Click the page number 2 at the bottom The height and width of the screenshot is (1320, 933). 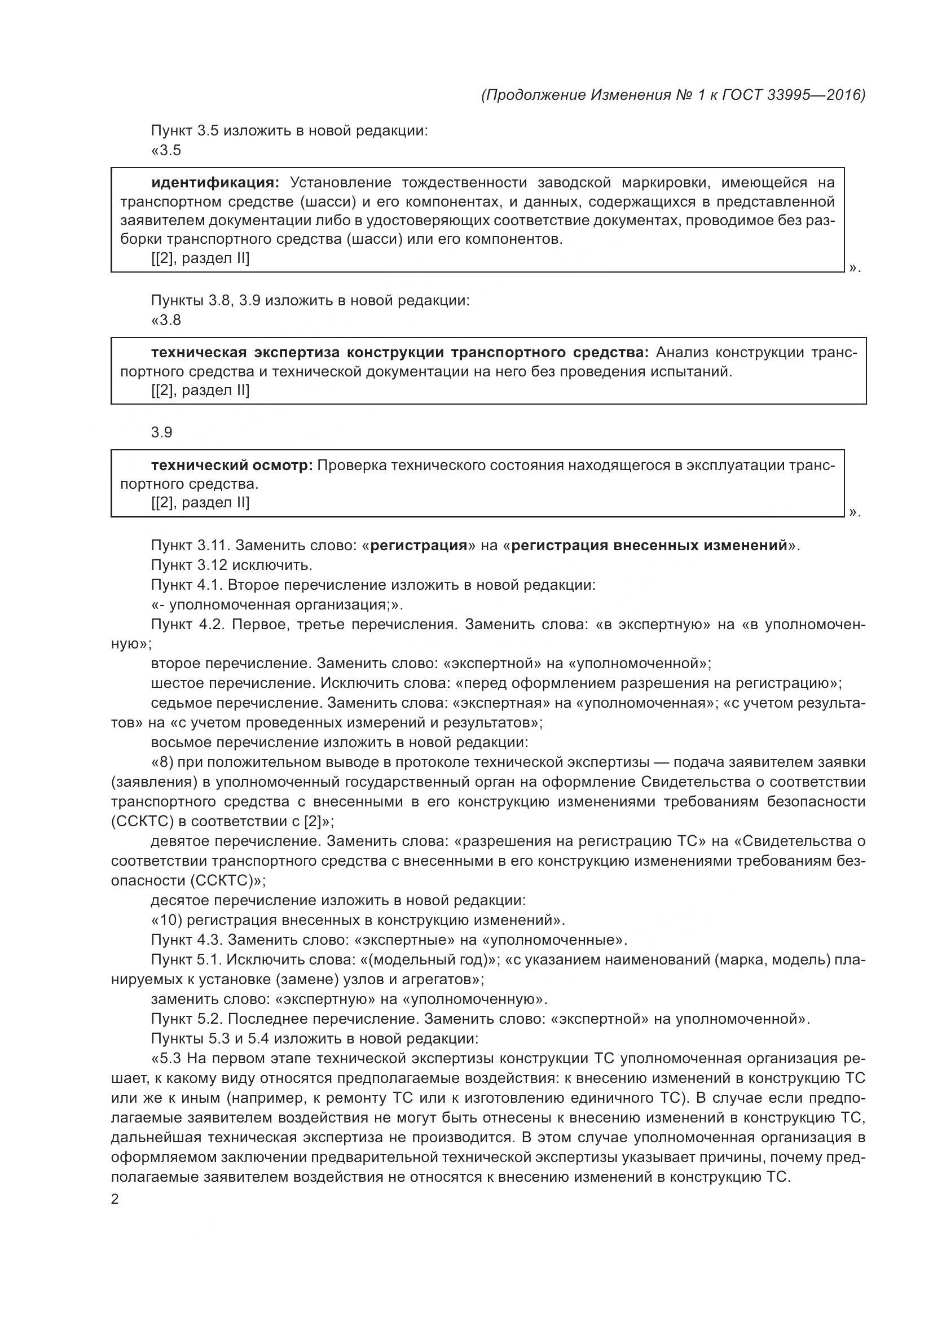click(x=115, y=1200)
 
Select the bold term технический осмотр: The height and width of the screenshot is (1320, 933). click(x=231, y=465)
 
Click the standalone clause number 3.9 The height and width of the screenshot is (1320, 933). click(x=161, y=432)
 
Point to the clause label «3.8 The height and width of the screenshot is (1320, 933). click(x=166, y=320)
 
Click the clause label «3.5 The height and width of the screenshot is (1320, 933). click(x=166, y=151)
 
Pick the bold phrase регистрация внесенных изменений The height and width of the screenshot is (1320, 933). click(x=649, y=545)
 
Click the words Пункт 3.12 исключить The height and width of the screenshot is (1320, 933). click(x=231, y=565)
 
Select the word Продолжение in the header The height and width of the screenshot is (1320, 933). click(x=536, y=95)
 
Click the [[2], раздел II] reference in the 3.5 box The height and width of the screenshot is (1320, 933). click(x=200, y=258)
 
